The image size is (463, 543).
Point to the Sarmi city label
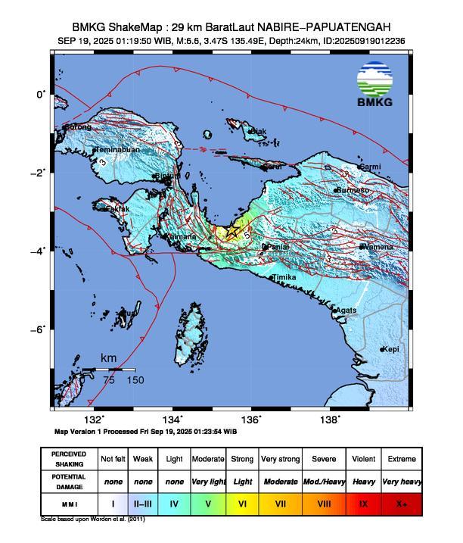click(x=370, y=167)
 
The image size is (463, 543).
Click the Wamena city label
click(x=376, y=247)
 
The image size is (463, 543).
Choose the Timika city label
click(x=284, y=278)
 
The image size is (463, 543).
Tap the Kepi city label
click(x=390, y=349)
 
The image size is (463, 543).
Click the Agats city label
click(x=346, y=311)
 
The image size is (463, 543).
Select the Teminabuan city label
click(x=116, y=150)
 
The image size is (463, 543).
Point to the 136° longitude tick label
click(x=255, y=420)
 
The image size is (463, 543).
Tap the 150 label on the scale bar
click(x=135, y=380)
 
